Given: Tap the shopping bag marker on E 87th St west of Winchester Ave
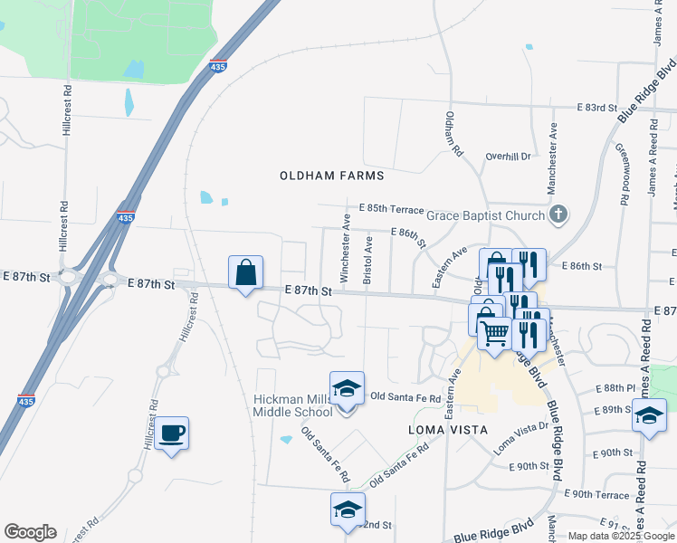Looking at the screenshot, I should (246, 271).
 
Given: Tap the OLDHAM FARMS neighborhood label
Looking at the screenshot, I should (332, 176).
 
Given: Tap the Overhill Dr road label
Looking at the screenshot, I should (507, 156).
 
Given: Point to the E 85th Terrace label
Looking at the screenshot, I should (391, 208).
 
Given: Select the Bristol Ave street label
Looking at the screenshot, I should (367, 261).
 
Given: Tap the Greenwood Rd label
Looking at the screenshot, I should (623, 172).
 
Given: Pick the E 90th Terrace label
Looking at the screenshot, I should (596, 495).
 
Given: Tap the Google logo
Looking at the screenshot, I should (30, 532).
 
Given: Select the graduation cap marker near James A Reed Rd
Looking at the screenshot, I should (648, 416).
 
